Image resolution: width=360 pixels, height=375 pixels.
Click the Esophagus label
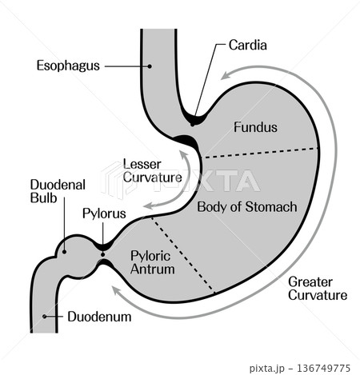[68, 66]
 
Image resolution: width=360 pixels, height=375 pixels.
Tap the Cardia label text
[248, 45]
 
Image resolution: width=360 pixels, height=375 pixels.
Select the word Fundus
[255, 127]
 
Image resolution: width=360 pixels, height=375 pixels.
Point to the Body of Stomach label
[247, 207]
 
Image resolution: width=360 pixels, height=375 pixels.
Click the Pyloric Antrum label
[153, 262]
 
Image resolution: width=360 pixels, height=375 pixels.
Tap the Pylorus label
[104, 213]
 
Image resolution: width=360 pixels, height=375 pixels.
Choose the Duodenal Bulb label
[58, 191]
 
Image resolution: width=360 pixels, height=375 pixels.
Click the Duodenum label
[99, 317]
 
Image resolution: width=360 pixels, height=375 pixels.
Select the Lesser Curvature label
[153, 171]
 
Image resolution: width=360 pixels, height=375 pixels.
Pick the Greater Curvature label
[318, 289]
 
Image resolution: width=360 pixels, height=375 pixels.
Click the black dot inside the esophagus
[150, 66]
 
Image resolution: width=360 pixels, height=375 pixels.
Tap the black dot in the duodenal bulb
[64, 252]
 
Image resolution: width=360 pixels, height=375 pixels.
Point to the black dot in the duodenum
[45, 317]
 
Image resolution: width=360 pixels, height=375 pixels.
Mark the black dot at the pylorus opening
[103, 254]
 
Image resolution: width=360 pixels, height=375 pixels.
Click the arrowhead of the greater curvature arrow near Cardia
[225, 75]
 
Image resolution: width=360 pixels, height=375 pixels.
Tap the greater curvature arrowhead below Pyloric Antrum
[116, 290]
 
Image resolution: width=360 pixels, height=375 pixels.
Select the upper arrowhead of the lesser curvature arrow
[183, 155]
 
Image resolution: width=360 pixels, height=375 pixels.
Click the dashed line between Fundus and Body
[260, 153]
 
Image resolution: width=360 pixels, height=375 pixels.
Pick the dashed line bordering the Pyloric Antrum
[182, 254]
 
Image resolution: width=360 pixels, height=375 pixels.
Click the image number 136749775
[323, 369]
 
